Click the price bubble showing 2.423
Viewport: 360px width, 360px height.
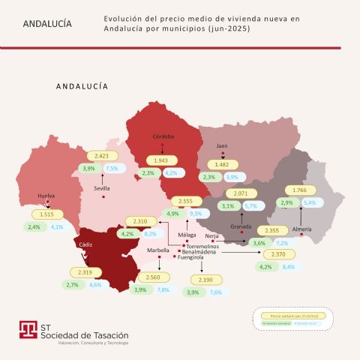(x=97, y=156)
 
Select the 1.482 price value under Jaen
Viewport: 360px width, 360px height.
(x=221, y=164)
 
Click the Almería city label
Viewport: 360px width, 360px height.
(x=301, y=227)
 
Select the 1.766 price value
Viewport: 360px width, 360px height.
(x=299, y=190)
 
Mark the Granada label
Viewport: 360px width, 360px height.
(x=241, y=226)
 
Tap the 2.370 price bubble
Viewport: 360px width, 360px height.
(x=277, y=255)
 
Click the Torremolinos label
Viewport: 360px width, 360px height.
(x=202, y=246)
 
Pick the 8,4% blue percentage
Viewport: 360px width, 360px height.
(x=288, y=267)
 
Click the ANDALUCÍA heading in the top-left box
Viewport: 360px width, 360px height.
(x=48, y=23)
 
